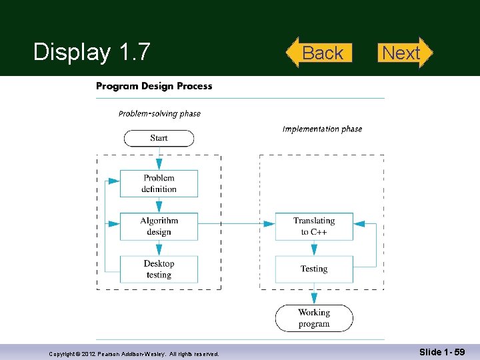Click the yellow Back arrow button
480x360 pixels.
pyautogui.click(x=319, y=53)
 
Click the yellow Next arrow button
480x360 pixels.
pyautogui.click(x=405, y=53)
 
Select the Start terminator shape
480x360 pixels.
pyautogui.click(x=159, y=139)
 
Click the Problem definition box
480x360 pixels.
pyautogui.click(x=159, y=184)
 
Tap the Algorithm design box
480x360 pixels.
pyautogui.click(x=159, y=227)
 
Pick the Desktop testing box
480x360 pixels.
pyautogui.click(x=159, y=269)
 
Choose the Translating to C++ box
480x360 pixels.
pyautogui.click(x=314, y=227)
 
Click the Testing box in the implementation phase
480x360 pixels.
pyautogui.click(x=314, y=269)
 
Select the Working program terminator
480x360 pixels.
pyautogui.click(x=314, y=319)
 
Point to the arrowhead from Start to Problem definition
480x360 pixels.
pyautogui.click(x=159, y=164)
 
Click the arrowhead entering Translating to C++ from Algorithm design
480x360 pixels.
pyautogui.click(x=269, y=224)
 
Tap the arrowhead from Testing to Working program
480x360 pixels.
pyautogui.click(x=314, y=299)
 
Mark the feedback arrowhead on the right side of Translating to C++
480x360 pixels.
pyautogui.click(x=359, y=224)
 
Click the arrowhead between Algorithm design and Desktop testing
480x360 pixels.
pyautogui.click(x=159, y=250)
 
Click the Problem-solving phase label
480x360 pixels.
pyautogui.click(x=159, y=114)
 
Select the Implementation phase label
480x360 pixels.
pyautogui.click(x=322, y=129)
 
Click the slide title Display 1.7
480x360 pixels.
pyautogui.click(x=92, y=51)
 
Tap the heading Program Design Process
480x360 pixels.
pyautogui.click(x=154, y=86)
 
